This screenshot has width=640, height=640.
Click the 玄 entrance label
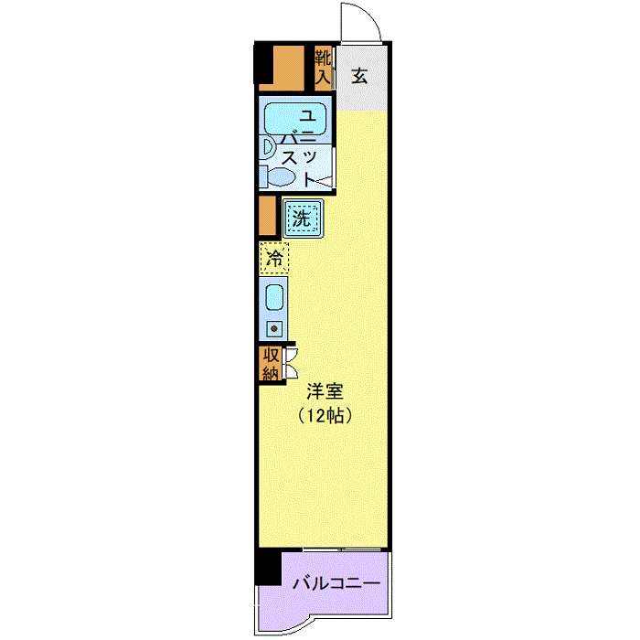[x=359, y=76]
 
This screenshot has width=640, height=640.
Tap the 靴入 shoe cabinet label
[x=323, y=68]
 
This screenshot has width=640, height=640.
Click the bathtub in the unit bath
[x=295, y=118]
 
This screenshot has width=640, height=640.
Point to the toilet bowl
[x=282, y=177]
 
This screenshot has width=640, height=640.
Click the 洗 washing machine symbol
[x=303, y=219]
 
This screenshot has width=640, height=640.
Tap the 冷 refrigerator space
[x=274, y=258]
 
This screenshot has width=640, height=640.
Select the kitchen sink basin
[x=274, y=297]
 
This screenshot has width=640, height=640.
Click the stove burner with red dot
[x=274, y=328]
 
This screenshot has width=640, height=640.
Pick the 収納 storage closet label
[x=271, y=364]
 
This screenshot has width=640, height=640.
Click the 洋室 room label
[x=325, y=391]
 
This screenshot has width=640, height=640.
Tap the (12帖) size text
[x=325, y=415]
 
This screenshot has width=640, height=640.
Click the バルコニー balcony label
[x=336, y=583]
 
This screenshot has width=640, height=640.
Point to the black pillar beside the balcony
[x=268, y=568]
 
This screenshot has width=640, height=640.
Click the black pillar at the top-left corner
[x=263, y=63]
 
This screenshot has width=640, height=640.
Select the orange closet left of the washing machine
[x=267, y=216]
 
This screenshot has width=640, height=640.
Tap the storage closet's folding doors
[x=292, y=363]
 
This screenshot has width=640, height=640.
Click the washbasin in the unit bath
[x=268, y=147]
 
